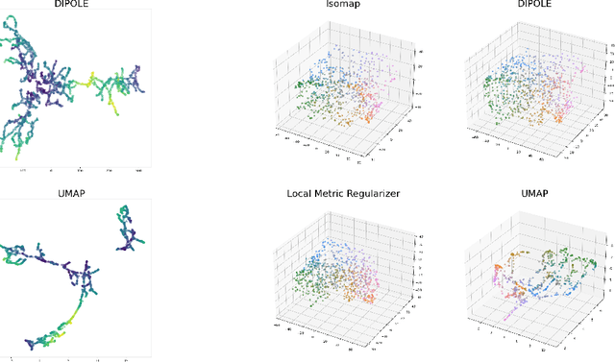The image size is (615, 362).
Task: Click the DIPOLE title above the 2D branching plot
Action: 79,5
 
